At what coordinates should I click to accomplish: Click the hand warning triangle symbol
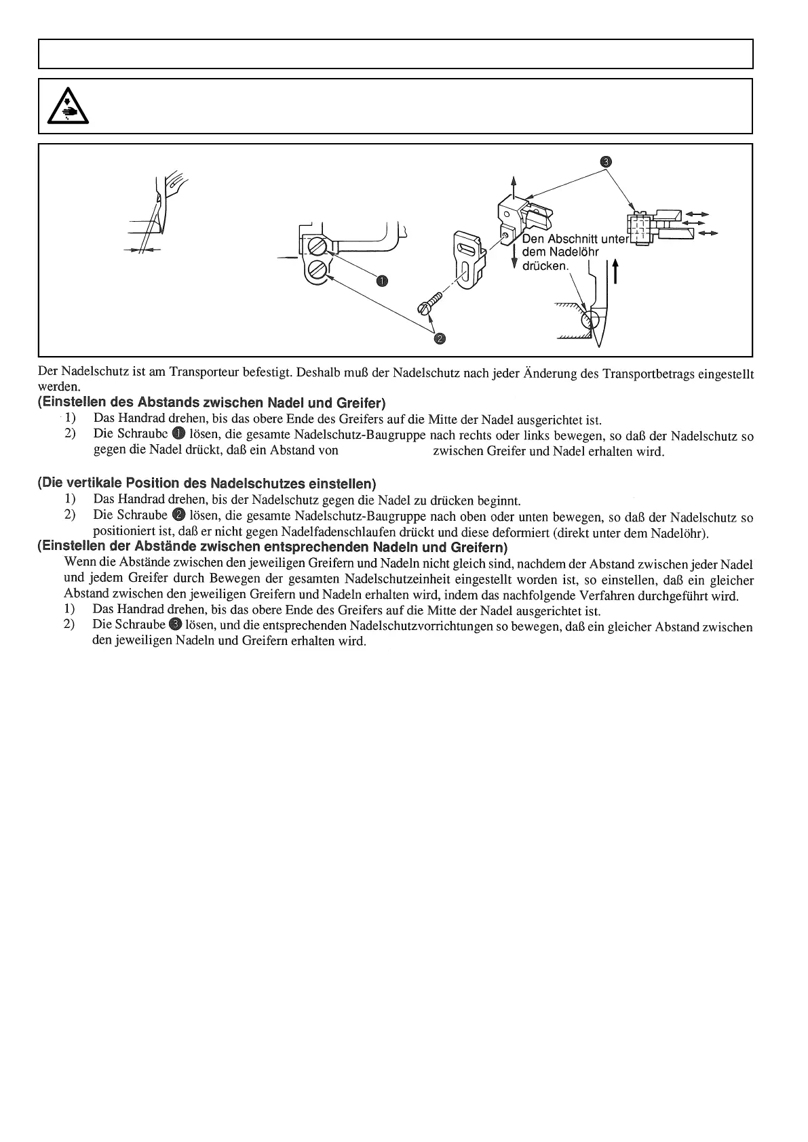[69, 106]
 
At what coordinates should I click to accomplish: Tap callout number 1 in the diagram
[381, 281]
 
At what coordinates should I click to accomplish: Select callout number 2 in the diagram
[439, 338]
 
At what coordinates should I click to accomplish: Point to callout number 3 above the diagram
[606, 161]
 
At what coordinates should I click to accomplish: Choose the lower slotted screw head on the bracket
[317, 272]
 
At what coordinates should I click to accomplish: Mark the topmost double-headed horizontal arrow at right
[697, 214]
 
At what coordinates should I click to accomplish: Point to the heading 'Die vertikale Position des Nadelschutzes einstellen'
[206, 484]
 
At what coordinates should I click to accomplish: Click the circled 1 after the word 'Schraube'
[179, 435]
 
